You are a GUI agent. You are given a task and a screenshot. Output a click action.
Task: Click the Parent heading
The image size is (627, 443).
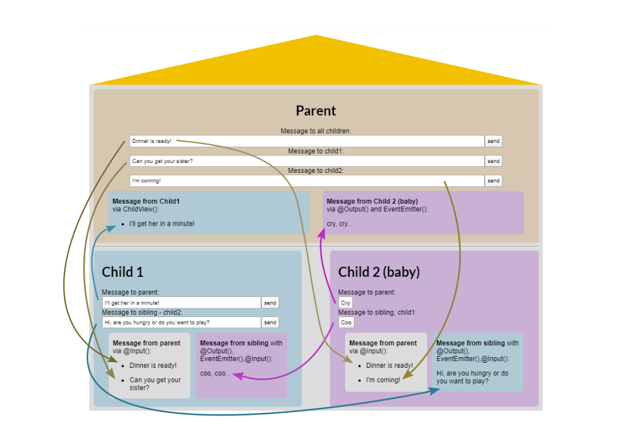[316, 111]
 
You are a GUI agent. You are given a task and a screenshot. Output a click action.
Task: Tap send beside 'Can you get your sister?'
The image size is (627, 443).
[494, 161]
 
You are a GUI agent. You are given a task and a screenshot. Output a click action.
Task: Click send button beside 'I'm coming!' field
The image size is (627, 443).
[494, 181]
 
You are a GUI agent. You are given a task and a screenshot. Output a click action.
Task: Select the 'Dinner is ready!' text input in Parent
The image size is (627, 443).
[307, 141]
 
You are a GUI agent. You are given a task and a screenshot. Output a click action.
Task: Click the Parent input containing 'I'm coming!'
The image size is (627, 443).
[307, 181]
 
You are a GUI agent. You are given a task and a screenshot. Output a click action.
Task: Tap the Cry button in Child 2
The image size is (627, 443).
[346, 303]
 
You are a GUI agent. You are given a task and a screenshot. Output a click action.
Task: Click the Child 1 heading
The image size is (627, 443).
[123, 272]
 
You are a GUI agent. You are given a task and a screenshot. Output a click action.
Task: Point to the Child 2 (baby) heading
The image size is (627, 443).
[379, 272]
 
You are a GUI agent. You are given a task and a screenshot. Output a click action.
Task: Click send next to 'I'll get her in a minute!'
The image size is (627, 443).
[270, 303]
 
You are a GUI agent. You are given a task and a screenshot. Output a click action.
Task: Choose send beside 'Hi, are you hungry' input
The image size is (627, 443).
[270, 323]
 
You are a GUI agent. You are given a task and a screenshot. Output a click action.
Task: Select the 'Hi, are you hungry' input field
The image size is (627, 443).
[182, 323]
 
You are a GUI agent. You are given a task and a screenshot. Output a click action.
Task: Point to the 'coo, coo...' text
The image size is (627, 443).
[215, 373]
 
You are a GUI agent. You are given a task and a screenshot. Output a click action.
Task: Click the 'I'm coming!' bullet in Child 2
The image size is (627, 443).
[383, 380]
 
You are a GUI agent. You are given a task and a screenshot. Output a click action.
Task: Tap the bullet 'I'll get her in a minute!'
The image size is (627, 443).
[162, 224]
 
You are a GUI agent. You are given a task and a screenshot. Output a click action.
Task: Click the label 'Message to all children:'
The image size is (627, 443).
[316, 131]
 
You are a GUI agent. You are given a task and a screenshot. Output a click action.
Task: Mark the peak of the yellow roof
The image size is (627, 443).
[316, 36]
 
